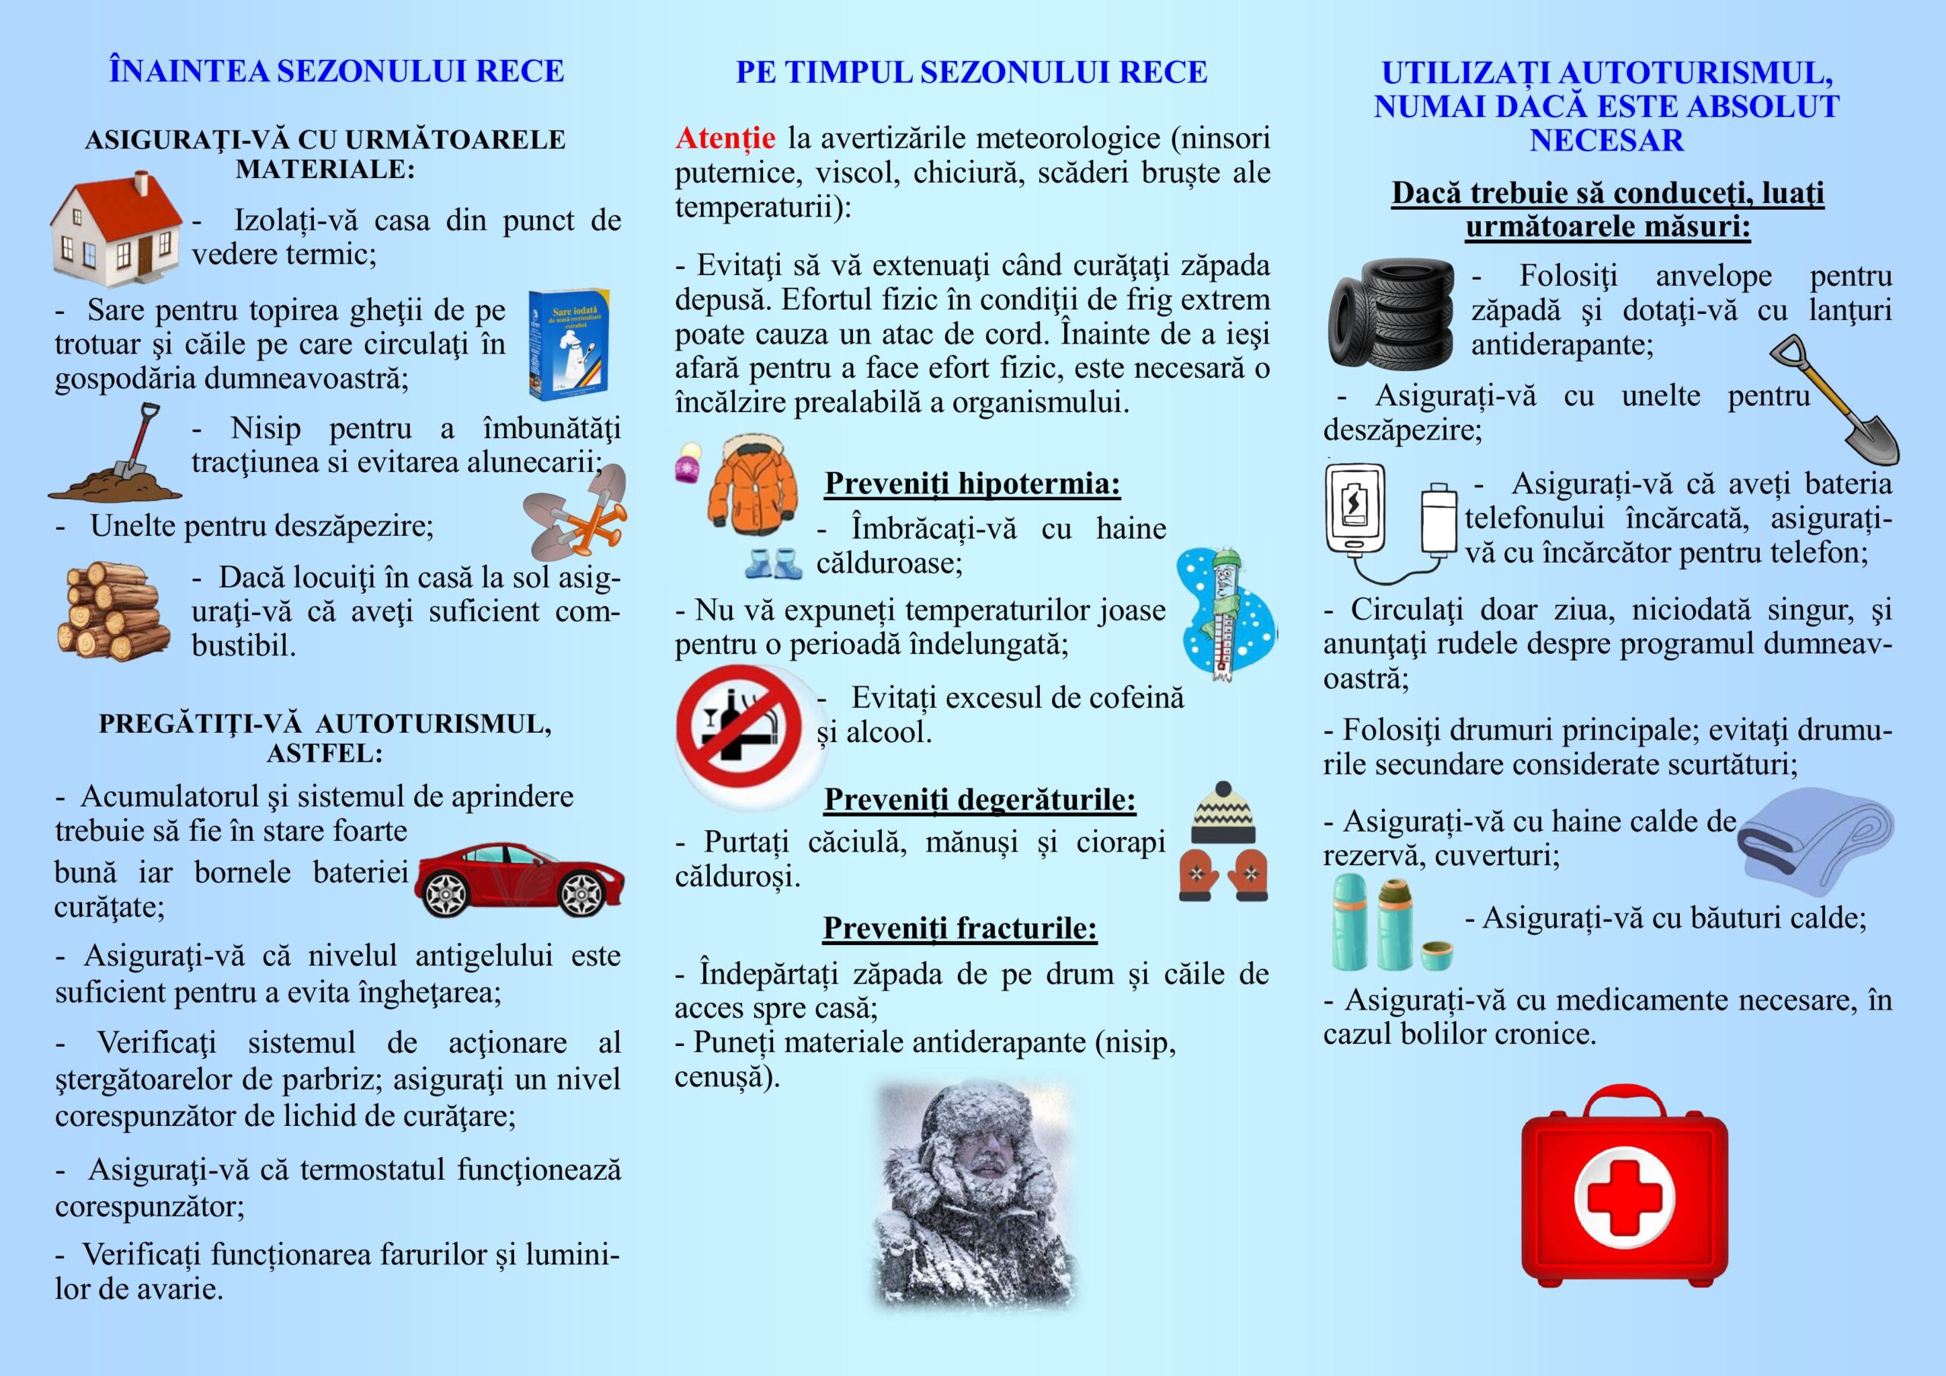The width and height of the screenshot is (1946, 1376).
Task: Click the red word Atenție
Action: pyautogui.click(x=724, y=138)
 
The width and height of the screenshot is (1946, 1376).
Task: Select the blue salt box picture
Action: pyautogui.click(x=567, y=344)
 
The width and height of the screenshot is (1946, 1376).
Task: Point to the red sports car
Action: pyautogui.click(x=519, y=879)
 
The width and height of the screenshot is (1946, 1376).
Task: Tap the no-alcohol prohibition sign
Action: pyautogui.click(x=740, y=727)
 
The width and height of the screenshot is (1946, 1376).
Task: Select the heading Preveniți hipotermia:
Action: pyautogui.click(x=972, y=484)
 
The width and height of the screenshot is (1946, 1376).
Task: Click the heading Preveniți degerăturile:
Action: pyautogui.click(x=980, y=799)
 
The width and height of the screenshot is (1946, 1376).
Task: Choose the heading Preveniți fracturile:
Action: pyautogui.click(x=959, y=927)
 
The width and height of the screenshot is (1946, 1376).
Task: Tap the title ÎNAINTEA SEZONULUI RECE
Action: pyautogui.click(x=337, y=71)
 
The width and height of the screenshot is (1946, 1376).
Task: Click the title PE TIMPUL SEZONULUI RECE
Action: pyautogui.click(x=971, y=73)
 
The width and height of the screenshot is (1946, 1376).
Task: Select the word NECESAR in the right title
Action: pyautogui.click(x=1606, y=140)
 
